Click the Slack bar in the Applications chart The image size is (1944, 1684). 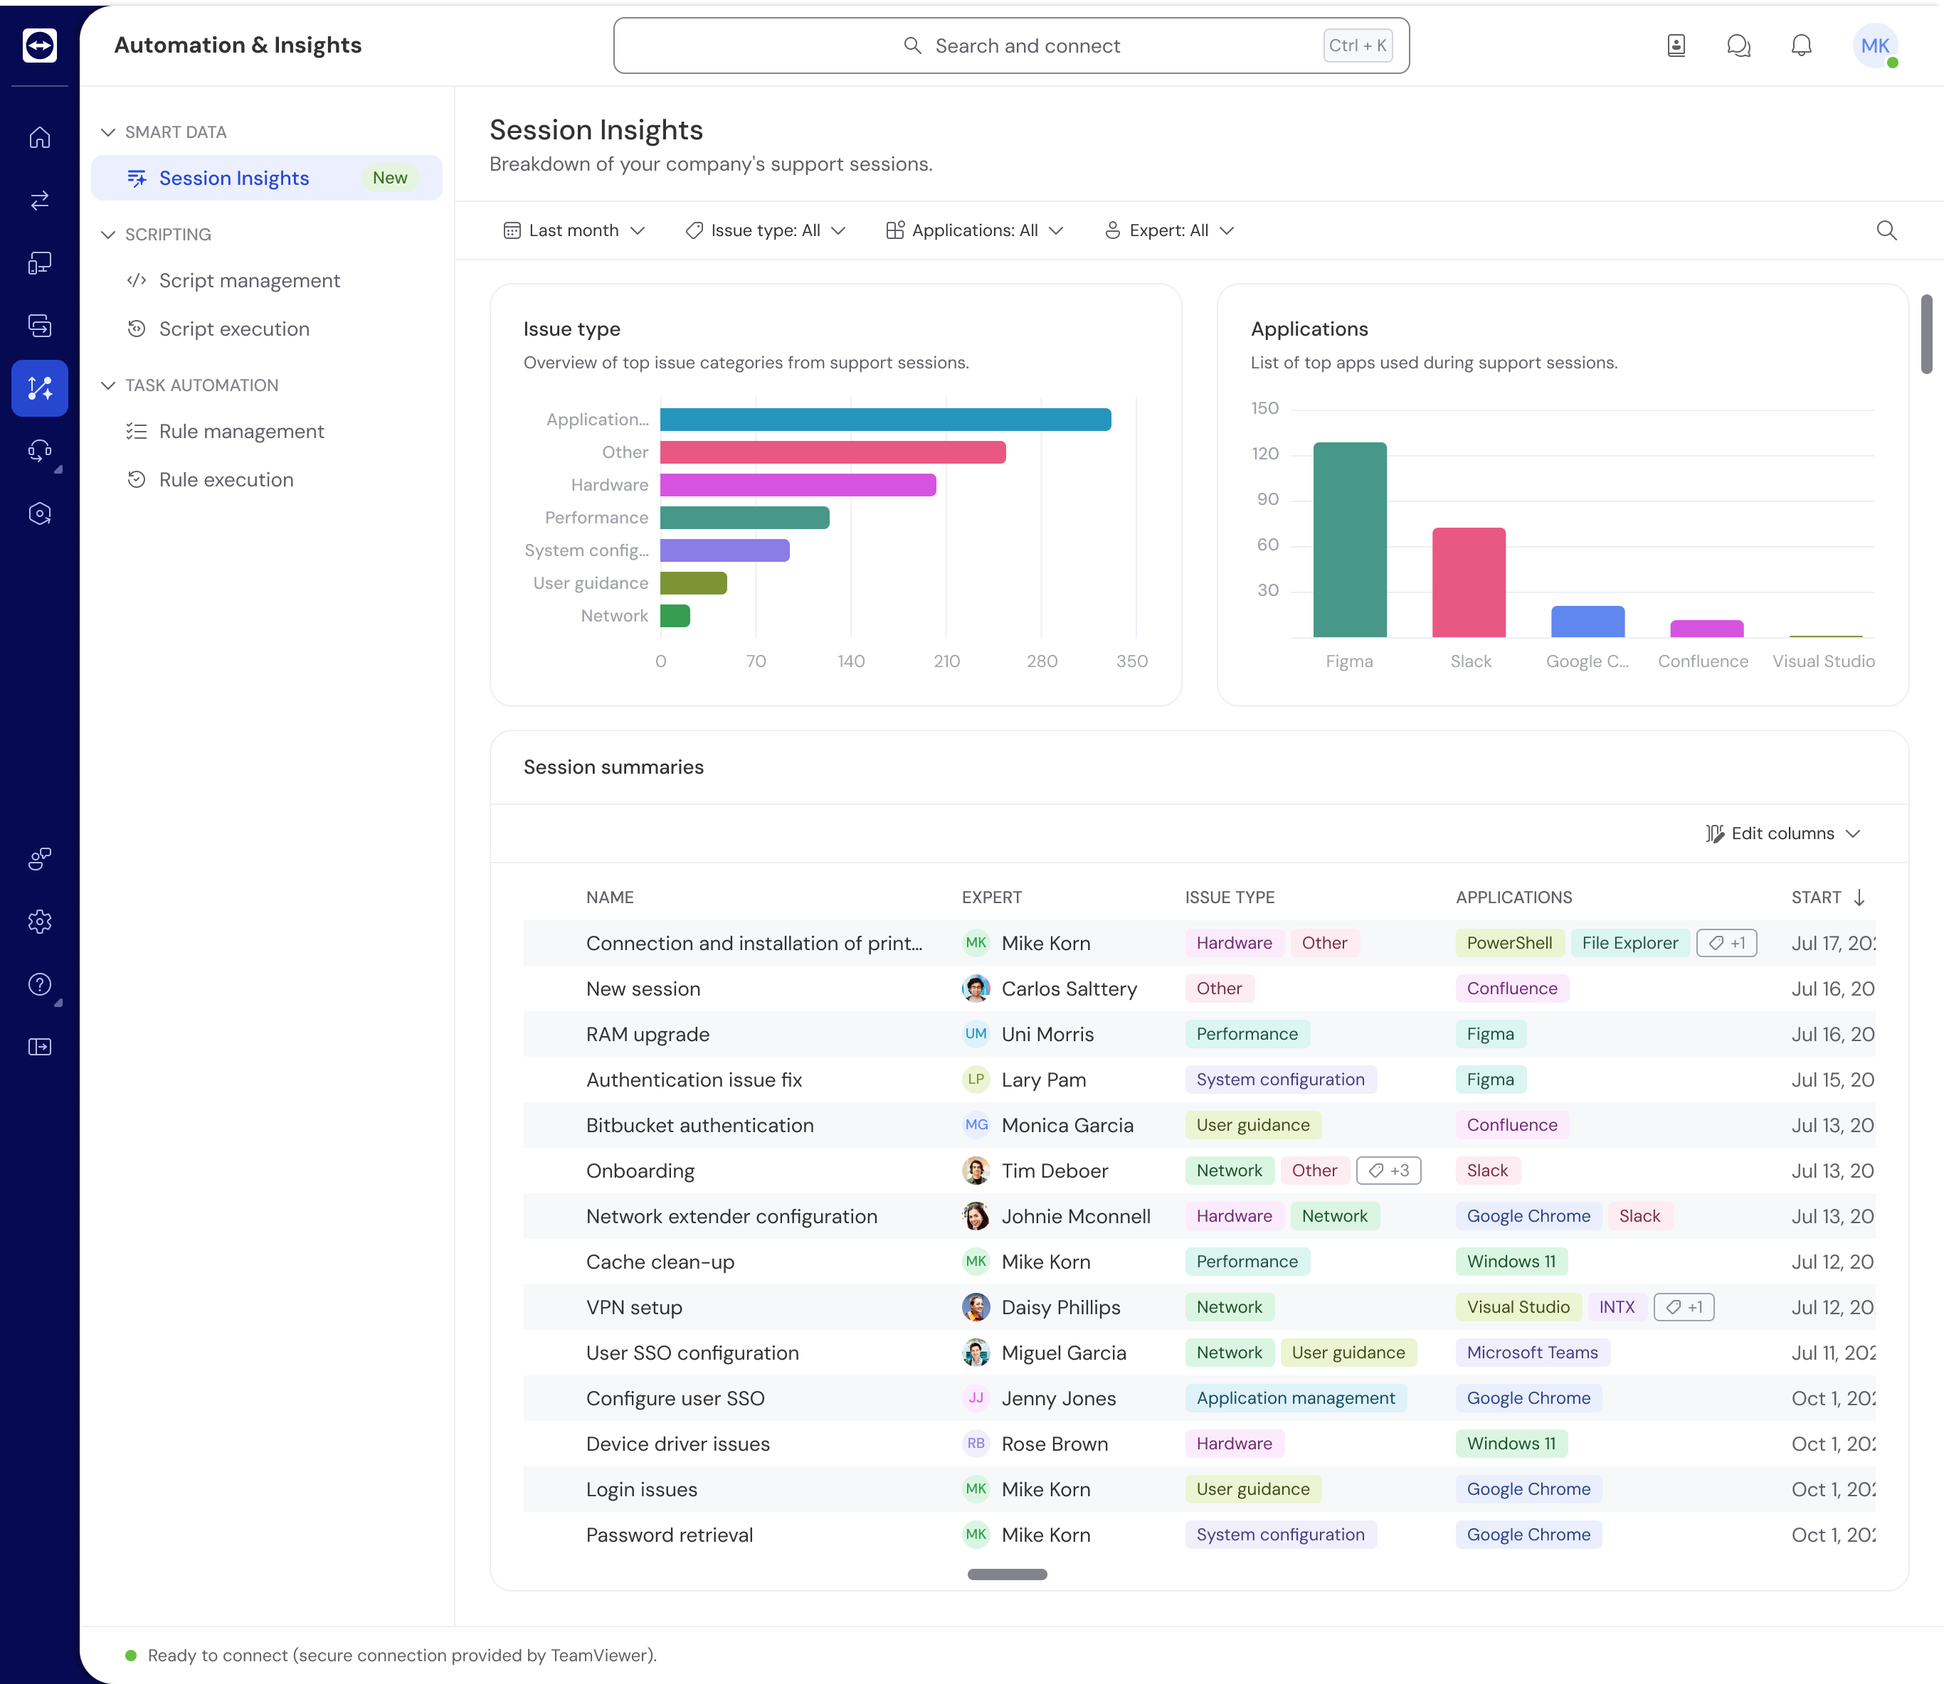pyautogui.click(x=1469, y=582)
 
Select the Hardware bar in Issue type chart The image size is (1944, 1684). pyautogui.click(x=797, y=485)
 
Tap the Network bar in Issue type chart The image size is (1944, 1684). pyautogui.click(x=675, y=616)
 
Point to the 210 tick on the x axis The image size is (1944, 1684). pyautogui.click(x=946, y=661)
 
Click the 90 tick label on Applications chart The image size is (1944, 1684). pyautogui.click(x=1267, y=499)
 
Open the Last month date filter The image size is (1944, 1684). pyautogui.click(x=574, y=230)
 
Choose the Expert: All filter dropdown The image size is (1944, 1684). pyautogui.click(x=1168, y=230)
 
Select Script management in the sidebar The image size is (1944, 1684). pyautogui.click(x=249, y=281)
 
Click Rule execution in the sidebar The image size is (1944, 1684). pyautogui.click(x=226, y=480)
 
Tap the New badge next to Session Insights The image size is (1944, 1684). pyautogui.click(x=389, y=178)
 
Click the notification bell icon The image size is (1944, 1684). pyautogui.click(x=1800, y=45)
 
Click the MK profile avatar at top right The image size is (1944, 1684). pyautogui.click(x=1874, y=45)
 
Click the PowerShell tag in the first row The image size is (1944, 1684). pyautogui.click(x=1509, y=942)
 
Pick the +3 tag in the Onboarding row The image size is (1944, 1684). pyautogui.click(x=1388, y=1171)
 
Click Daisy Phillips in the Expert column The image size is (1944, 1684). pyautogui.click(x=1060, y=1307)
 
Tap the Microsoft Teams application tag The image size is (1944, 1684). pyautogui.click(x=1531, y=1353)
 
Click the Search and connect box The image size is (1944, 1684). pyautogui.click(x=1010, y=45)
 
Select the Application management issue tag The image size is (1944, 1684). pyautogui.click(x=1294, y=1398)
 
